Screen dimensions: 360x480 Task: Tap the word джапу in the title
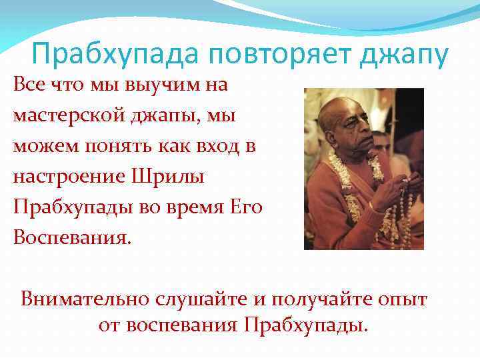pyautogui.click(x=402, y=55)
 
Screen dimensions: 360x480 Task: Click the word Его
pyautogui.click(x=247, y=207)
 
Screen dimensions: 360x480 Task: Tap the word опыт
pyautogui.click(x=405, y=299)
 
